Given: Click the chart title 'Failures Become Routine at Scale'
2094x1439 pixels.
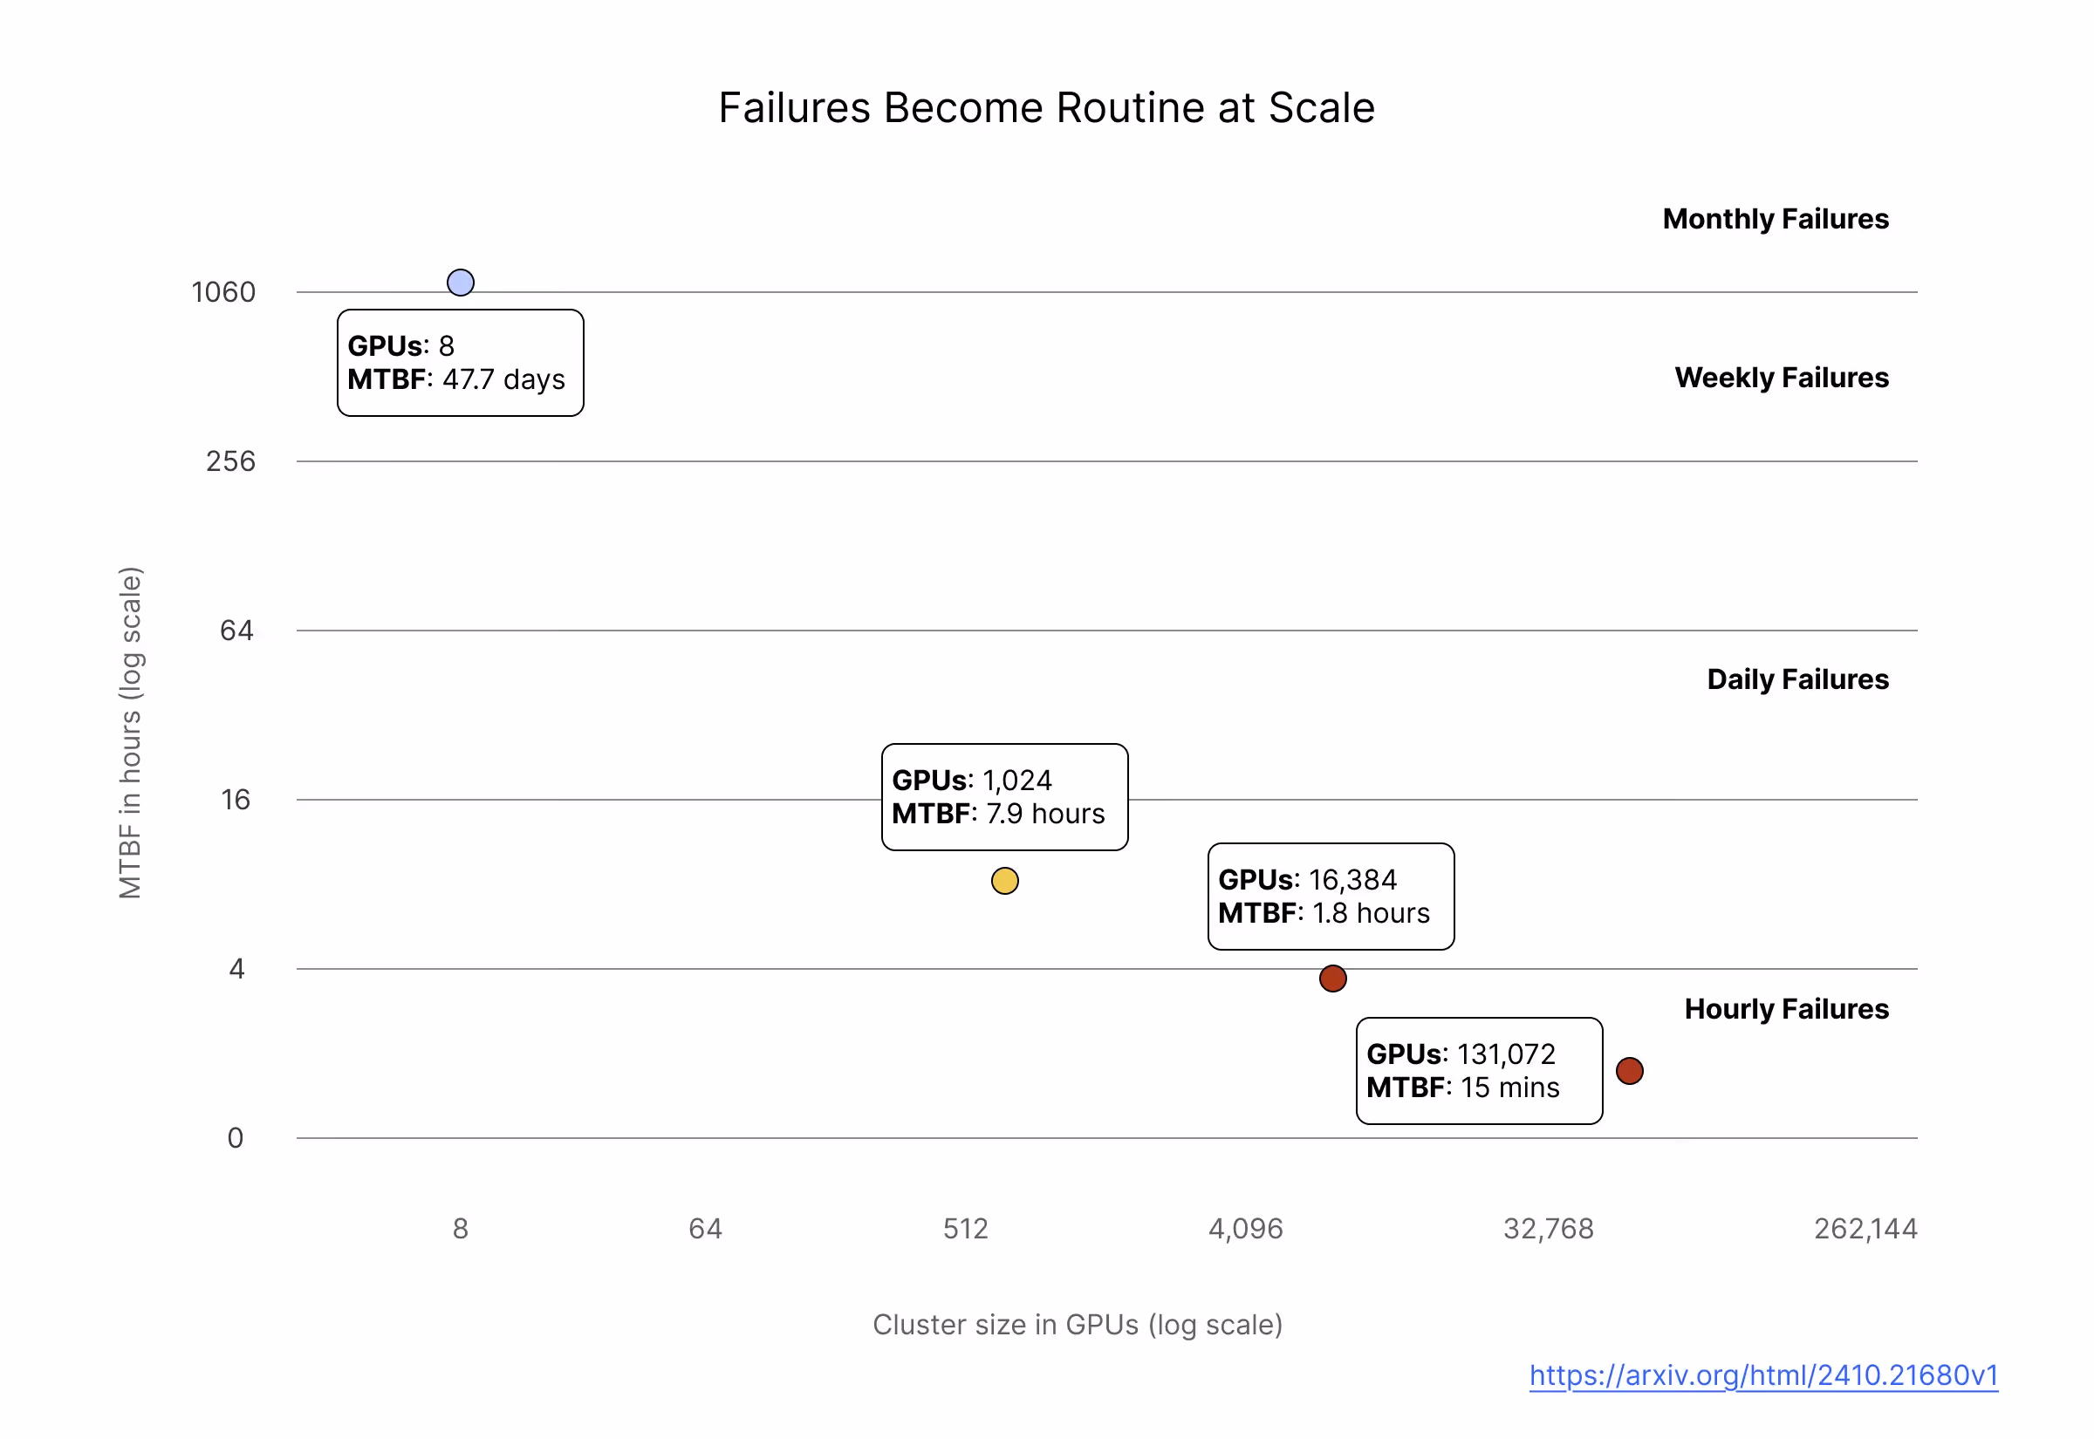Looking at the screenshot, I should click(1046, 108).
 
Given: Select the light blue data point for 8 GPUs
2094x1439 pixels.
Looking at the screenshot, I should click(461, 283).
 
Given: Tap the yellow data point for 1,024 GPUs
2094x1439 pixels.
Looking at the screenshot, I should click(1004, 881).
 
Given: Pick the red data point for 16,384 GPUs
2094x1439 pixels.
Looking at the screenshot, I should click(1333, 979).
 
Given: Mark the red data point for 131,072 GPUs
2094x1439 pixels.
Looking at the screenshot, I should click(1630, 1071).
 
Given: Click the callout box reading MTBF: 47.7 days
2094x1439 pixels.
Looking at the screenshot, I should click(460, 363).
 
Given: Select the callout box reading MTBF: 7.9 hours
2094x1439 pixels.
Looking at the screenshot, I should click(1004, 797).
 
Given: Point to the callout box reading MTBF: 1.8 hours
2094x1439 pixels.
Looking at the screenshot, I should click(1331, 897).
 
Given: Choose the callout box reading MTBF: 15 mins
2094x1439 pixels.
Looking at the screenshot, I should click(1479, 1071).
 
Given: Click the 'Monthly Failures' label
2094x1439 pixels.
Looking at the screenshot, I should click(1775, 219).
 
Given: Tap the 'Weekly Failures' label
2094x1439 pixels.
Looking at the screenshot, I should click(1781, 378).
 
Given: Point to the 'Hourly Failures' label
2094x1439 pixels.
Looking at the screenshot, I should click(1786, 1009).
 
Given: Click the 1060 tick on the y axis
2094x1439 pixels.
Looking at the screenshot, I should click(223, 292).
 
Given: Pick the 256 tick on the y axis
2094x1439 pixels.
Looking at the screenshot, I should click(231, 461).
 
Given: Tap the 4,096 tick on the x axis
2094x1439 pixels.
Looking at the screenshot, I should click(1245, 1229).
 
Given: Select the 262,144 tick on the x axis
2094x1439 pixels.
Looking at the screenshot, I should click(1865, 1229).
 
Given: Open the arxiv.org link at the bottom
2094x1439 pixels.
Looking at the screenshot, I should click(1763, 1375).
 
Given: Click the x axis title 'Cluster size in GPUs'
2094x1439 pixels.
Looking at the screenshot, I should click(1078, 1325).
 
